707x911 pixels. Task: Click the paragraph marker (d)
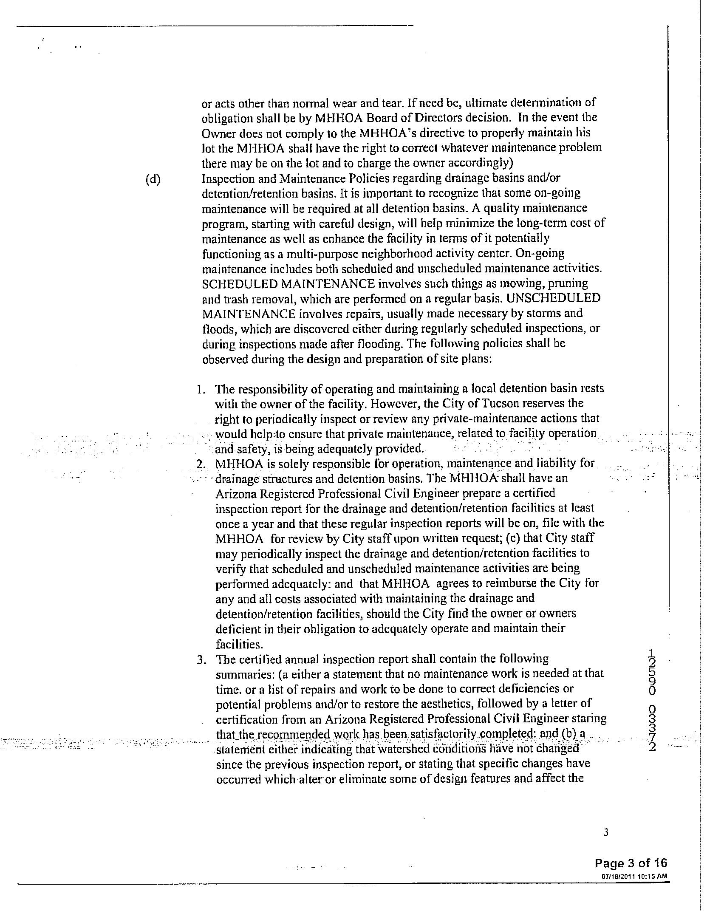[153, 180]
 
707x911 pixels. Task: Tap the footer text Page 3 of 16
[631, 863]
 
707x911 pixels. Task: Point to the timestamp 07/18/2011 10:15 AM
[634, 876]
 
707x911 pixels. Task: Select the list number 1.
[201, 389]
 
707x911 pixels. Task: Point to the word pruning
[566, 283]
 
